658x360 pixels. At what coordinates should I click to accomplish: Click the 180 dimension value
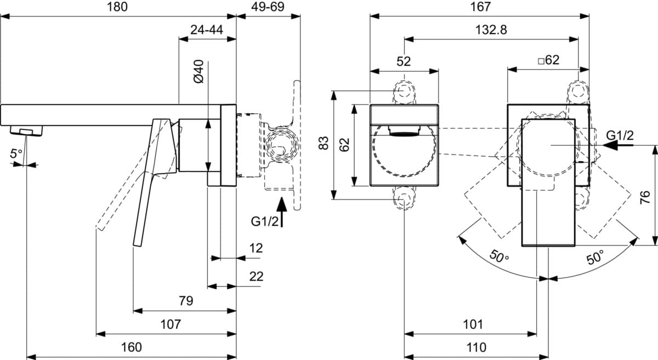coord(117,7)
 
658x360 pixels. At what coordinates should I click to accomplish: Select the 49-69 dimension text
coord(268,7)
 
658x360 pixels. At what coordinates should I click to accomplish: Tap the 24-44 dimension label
coord(207,30)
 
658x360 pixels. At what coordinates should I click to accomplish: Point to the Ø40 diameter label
coord(199,71)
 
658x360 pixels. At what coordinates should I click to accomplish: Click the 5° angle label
coord(16,153)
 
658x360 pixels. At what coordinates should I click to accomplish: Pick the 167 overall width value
coord(480,7)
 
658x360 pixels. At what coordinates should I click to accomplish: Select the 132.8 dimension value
coord(491,30)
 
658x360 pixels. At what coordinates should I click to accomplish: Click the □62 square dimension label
coord(549,60)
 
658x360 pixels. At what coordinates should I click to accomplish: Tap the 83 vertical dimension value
coord(324,143)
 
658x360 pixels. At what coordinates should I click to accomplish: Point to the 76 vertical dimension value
coord(645,197)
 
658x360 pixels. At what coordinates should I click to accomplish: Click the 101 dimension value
coord(473,324)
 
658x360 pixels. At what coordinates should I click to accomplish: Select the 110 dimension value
coord(477,347)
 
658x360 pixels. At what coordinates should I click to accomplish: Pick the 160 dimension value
coord(132,347)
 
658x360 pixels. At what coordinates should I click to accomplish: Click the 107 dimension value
coord(171,324)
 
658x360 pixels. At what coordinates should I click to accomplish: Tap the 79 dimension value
coord(186,301)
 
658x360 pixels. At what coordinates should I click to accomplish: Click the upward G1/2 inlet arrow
coord(282,212)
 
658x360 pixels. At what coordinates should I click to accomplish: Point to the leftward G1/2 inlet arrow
coord(617,145)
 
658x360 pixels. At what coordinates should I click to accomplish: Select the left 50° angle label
coord(499,256)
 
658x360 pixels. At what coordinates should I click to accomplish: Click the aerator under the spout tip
coord(26,130)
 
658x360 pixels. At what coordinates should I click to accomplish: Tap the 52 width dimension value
coord(404,61)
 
